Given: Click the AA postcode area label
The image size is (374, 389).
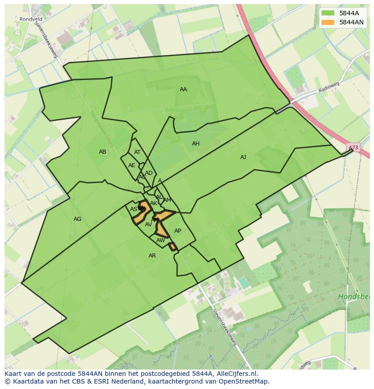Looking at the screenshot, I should click(x=183, y=89).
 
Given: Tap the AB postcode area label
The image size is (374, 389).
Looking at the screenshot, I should click(x=103, y=152).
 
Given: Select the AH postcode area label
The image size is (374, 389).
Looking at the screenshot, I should click(x=196, y=144).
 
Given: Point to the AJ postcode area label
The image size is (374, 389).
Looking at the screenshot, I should click(x=243, y=157).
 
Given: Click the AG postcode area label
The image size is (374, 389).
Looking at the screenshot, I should click(x=77, y=219).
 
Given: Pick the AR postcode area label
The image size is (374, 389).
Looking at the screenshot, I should click(x=152, y=256).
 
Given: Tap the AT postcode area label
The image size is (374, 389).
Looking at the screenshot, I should click(x=137, y=152).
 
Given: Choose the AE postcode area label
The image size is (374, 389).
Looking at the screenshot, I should click(x=131, y=165).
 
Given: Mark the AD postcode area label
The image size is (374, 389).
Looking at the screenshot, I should click(x=149, y=173).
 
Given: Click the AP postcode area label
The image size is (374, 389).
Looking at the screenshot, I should click(x=178, y=231).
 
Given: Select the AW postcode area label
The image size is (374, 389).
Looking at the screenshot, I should click(x=160, y=240).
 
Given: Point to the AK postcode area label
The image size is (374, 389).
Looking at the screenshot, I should click(x=154, y=203).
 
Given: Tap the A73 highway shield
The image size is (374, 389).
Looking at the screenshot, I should click(x=354, y=148).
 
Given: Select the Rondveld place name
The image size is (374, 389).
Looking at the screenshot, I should click(x=31, y=19).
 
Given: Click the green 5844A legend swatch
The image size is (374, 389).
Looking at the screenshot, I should click(x=328, y=13).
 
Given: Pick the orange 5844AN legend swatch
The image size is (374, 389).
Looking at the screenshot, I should click(x=328, y=22).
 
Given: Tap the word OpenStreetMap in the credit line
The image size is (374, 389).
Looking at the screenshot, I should click(x=244, y=381).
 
